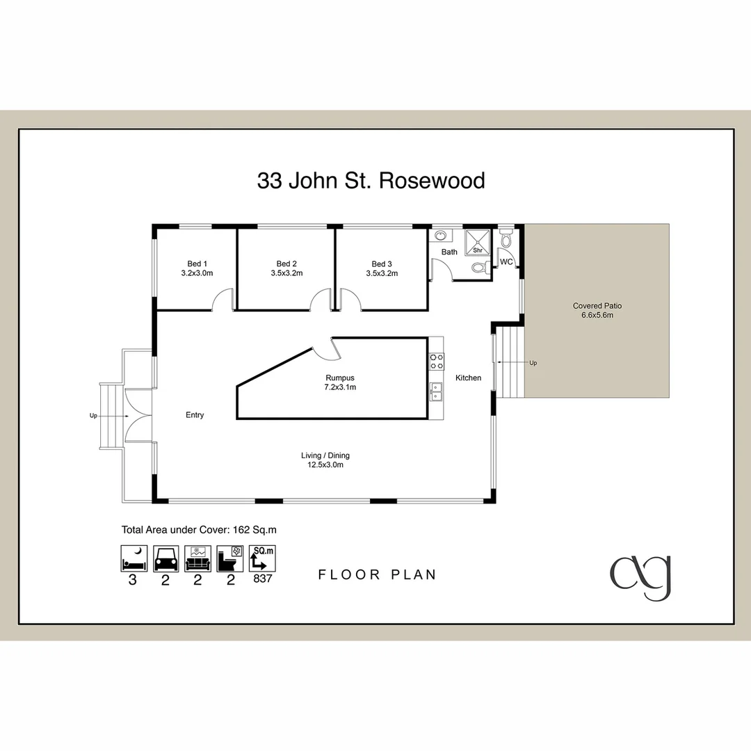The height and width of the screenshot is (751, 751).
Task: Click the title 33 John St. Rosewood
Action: (x=371, y=181)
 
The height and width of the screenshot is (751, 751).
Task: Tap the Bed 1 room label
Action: (x=197, y=264)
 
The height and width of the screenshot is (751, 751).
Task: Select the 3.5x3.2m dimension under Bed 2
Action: (x=286, y=273)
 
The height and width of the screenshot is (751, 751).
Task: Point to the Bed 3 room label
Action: (x=382, y=264)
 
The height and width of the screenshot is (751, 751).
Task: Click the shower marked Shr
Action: (x=478, y=241)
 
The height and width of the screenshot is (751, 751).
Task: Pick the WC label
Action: (x=506, y=262)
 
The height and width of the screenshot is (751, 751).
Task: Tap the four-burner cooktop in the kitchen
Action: (x=436, y=361)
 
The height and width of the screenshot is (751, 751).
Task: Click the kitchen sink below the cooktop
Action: (x=436, y=392)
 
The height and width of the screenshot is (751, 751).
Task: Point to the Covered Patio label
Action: (x=597, y=305)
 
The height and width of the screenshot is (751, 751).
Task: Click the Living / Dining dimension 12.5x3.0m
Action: (x=325, y=465)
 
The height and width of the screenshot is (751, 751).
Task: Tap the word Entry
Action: (x=195, y=415)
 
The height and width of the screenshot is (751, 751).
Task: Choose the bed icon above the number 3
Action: (x=132, y=558)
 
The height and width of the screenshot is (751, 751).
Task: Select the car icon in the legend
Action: (x=165, y=558)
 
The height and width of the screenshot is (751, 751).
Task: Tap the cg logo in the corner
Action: (x=640, y=576)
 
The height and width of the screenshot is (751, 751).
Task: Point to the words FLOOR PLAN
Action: (x=377, y=574)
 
